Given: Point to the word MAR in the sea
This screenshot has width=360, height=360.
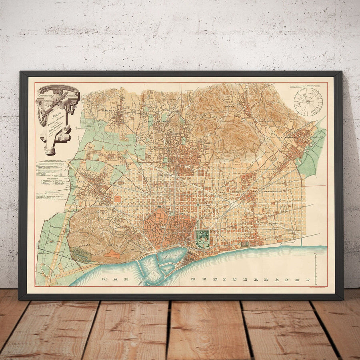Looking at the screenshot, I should pos(114,279).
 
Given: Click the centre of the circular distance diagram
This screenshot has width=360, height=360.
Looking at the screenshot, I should pos(308,102).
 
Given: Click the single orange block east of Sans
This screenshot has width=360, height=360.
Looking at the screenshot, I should pos(118,198).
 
